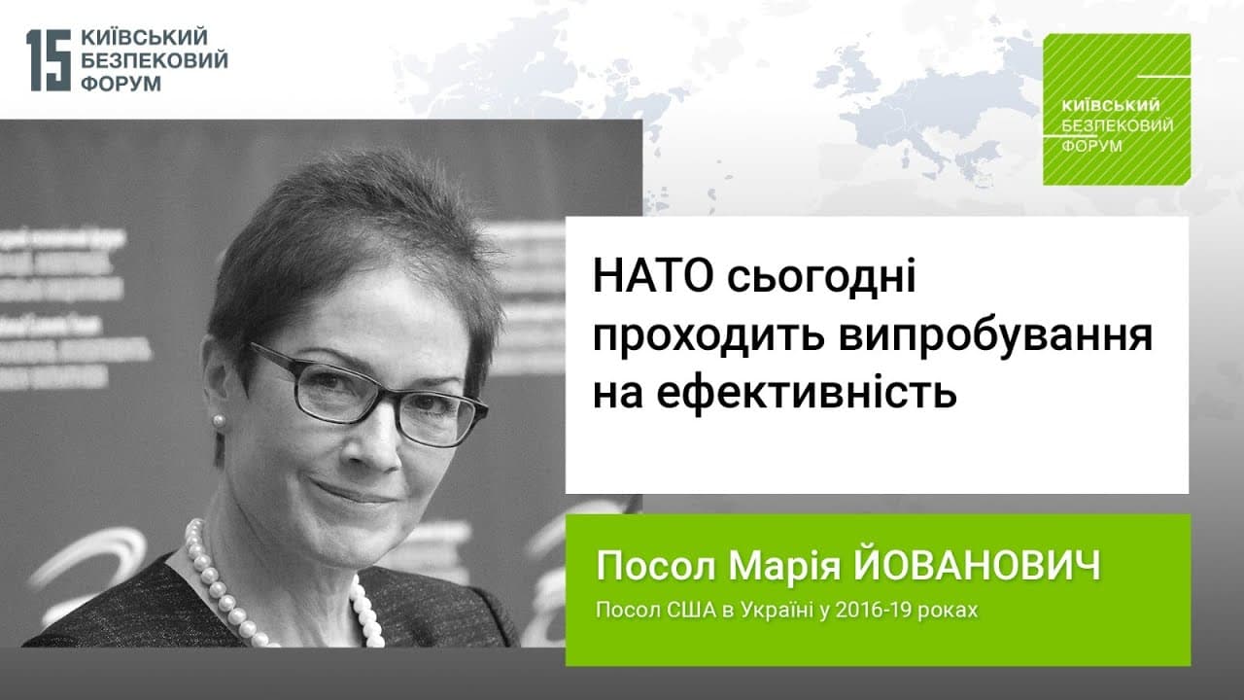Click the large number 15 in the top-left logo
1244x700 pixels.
49,60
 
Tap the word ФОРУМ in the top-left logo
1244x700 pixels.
121,84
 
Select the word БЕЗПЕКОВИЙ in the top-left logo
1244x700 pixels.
155,60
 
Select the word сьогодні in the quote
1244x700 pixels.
821,278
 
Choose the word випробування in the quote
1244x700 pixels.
995,337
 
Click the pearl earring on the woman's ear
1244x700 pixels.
219,421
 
